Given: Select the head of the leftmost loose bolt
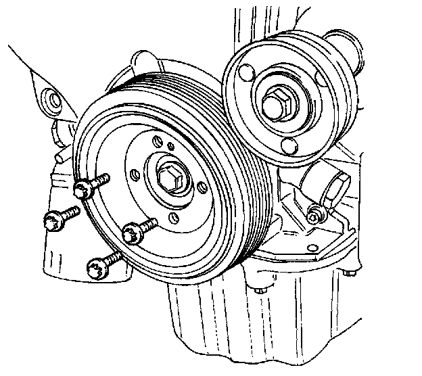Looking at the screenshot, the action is tap(52, 218).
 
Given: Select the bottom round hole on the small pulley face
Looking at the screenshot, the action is tap(289, 145).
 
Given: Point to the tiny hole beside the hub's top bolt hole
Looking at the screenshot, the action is tap(171, 145).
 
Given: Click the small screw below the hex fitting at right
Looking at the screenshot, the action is tap(314, 217).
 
